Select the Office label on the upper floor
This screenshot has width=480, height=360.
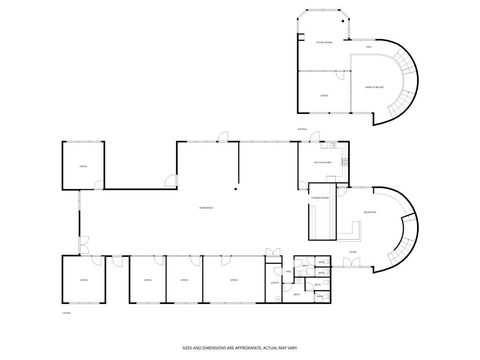(x=323, y=96)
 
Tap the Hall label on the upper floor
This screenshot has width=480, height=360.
(x=368, y=47)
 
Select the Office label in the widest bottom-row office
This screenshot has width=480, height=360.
(x=233, y=282)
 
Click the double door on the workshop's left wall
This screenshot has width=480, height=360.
(x=82, y=241)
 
